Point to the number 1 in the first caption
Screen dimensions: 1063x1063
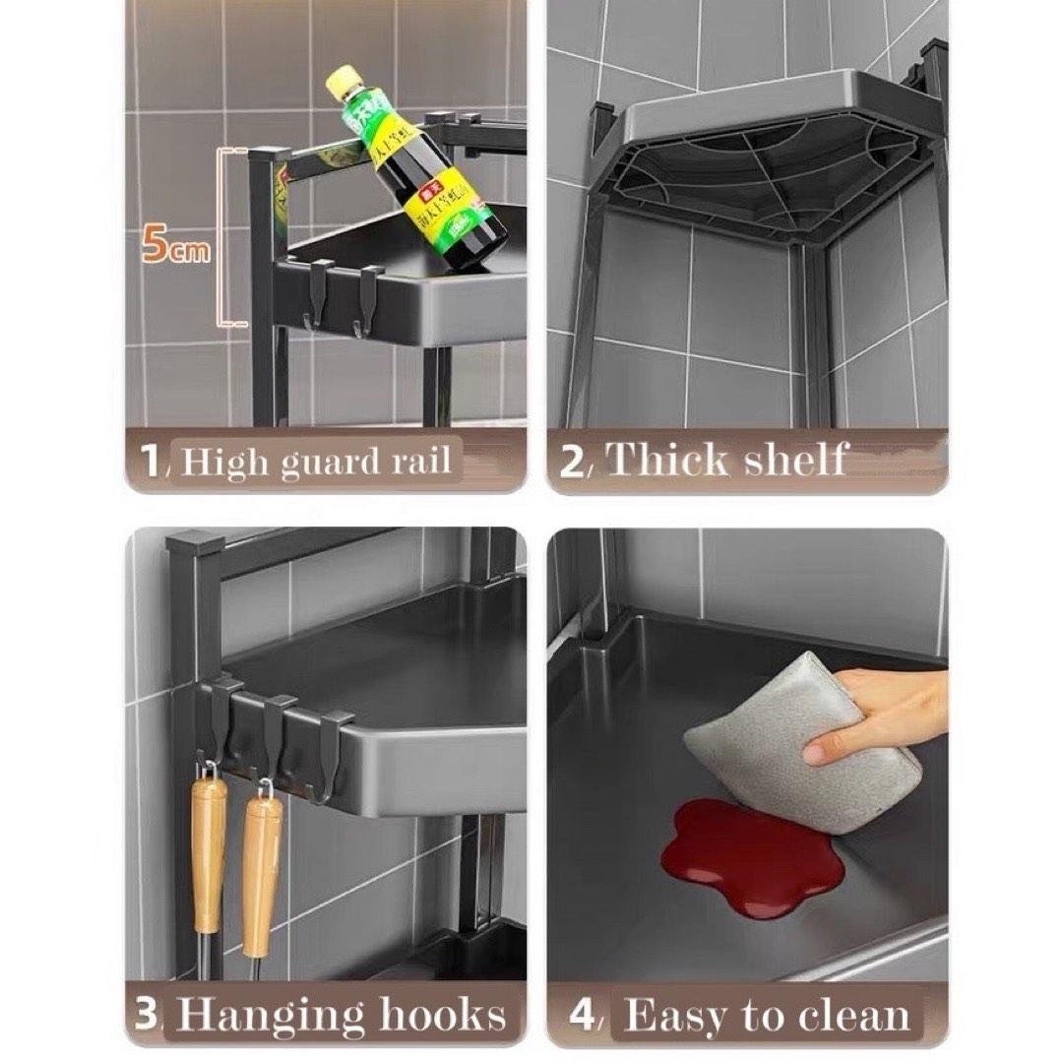pos(151,461)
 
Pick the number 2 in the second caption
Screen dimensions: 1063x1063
pos(572,462)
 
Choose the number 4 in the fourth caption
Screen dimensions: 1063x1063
pos(583,1016)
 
